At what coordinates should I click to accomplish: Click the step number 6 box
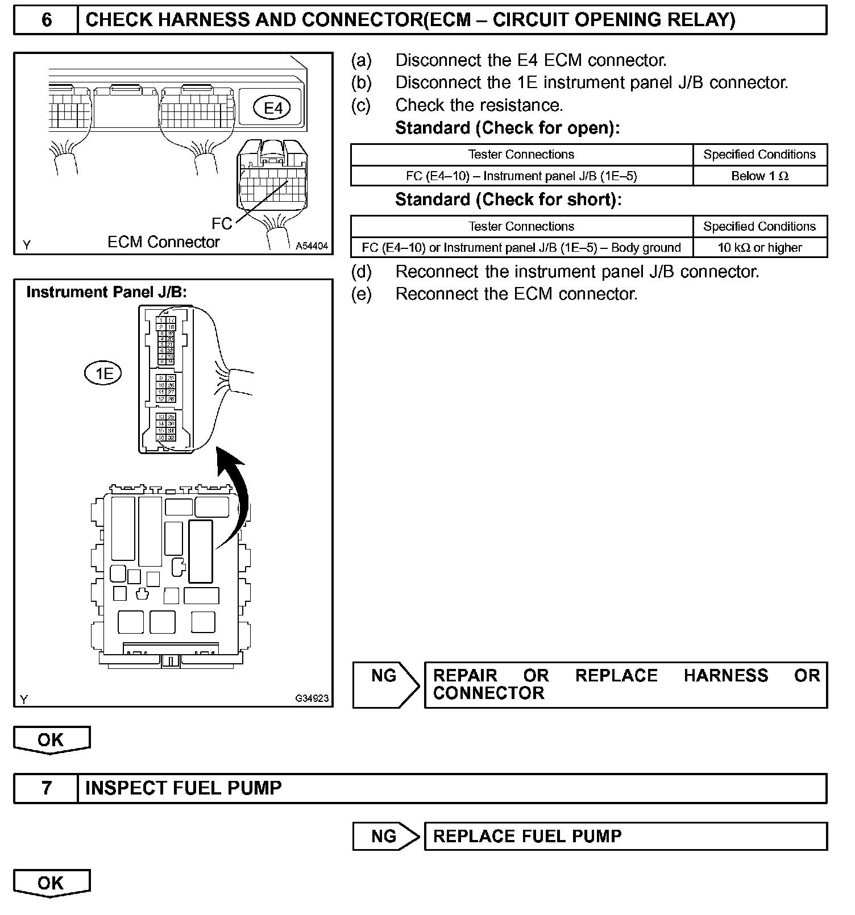(46, 20)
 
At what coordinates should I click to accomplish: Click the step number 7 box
(46, 788)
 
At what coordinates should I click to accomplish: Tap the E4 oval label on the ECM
(273, 107)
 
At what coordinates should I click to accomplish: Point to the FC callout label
(222, 223)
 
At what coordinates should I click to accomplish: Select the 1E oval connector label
(103, 373)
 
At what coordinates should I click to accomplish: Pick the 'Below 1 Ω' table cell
(759, 176)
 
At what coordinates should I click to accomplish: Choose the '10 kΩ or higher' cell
(759, 248)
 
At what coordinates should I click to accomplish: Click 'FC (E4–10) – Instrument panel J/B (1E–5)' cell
(521, 176)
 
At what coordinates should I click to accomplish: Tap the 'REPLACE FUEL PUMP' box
(625, 836)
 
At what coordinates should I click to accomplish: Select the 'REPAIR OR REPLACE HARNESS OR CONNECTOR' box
(625, 684)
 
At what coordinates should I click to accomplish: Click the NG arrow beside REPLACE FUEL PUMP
(385, 836)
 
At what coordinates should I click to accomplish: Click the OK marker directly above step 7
(51, 740)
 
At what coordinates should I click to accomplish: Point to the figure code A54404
(312, 246)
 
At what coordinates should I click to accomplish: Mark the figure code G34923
(312, 698)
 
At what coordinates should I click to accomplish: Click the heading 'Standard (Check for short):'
(508, 199)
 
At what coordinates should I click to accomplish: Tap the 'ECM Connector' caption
(164, 242)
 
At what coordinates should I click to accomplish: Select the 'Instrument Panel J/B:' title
(107, 292)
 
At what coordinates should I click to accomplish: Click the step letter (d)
(361, 272)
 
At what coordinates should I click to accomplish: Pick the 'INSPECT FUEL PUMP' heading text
(183, 788)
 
